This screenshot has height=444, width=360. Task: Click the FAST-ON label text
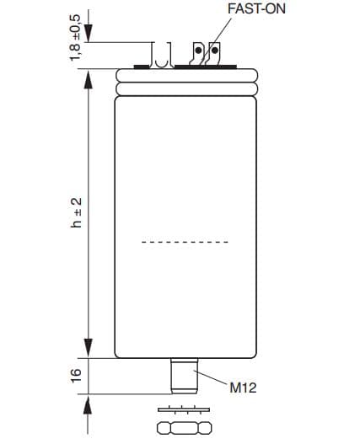256,8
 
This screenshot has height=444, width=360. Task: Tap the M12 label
243,388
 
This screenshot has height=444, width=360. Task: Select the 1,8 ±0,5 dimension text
75,37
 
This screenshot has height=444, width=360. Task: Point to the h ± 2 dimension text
76,212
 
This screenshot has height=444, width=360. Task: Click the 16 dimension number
76,376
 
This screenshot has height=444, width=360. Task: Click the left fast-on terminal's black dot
198,51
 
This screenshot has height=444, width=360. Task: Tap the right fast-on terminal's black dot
215,51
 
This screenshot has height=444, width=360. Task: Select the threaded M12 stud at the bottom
185,376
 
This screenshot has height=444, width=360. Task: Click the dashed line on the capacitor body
185,242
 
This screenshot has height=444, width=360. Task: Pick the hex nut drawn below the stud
185,428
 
